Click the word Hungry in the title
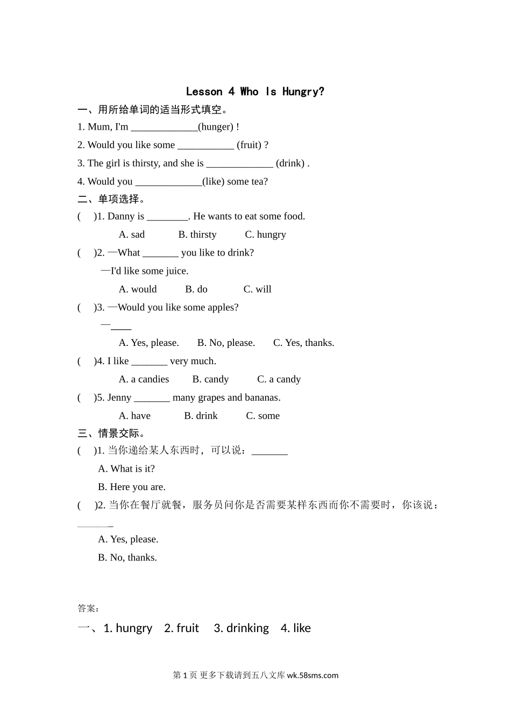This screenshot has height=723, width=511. (303, 92)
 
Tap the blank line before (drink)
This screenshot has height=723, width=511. (239, 164)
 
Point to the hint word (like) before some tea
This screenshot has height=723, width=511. (213, 182)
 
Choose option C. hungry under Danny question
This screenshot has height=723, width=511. (265, 235)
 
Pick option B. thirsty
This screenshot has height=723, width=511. (197, 235)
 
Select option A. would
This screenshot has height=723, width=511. (138, 289)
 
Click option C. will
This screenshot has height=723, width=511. (257, 289)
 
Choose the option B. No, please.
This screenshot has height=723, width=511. (226, 343)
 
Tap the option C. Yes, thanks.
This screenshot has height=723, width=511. (303, 343)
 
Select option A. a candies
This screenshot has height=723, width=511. (144, 380)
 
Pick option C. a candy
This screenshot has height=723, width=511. (279, 380)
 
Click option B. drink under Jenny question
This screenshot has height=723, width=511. (201, 416)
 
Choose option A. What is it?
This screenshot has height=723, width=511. (126, 469)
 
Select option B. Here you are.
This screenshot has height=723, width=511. (132, 487)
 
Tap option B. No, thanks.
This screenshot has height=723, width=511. (127, 558)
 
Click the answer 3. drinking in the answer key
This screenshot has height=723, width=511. (241, 628)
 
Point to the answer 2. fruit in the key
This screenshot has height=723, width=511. (181, 628)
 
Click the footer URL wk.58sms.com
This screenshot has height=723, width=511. (313, 676)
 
